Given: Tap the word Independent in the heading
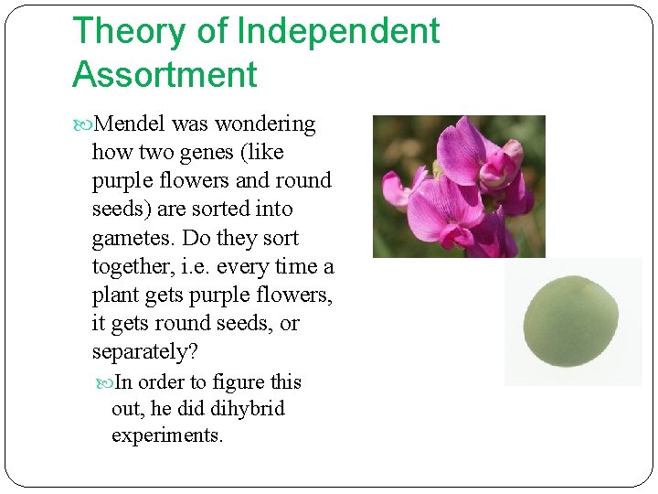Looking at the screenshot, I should click(337, 31).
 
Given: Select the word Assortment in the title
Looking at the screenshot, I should click(164, 75).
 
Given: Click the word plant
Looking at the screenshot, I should click(115, 295).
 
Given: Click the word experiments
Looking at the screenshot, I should click(167, 435).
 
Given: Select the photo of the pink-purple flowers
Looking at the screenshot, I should click(459, 187).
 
